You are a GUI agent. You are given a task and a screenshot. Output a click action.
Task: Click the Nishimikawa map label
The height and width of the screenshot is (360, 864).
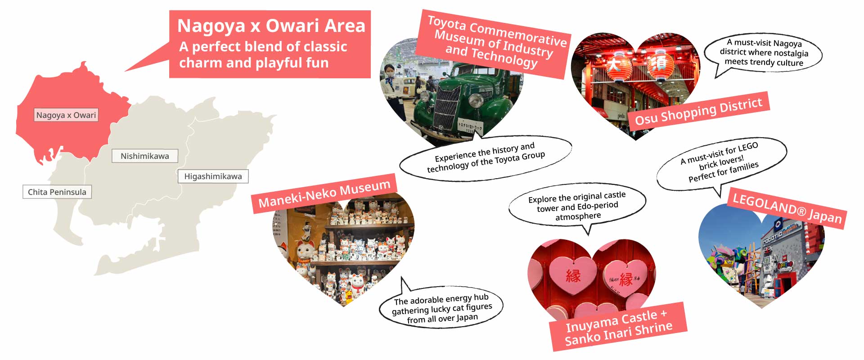point(145,156)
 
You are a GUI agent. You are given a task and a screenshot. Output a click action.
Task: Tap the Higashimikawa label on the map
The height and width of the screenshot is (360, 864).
point(213,176)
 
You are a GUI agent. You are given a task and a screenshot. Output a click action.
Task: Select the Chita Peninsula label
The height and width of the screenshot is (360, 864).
point(57,192)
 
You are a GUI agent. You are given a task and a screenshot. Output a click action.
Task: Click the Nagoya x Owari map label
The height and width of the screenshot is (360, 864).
point(66,115)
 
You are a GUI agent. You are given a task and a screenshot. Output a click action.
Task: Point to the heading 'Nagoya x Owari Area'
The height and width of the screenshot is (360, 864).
point(271,26)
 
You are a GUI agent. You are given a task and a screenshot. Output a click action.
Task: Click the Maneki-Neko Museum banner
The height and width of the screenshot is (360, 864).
point(324,193)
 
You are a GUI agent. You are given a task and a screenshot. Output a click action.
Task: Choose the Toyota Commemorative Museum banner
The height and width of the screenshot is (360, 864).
point(494,44)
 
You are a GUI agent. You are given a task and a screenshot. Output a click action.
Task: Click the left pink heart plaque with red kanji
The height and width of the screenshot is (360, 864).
point(573,274)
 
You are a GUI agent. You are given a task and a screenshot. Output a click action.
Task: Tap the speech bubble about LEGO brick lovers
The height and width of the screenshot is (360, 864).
point(721,163)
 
